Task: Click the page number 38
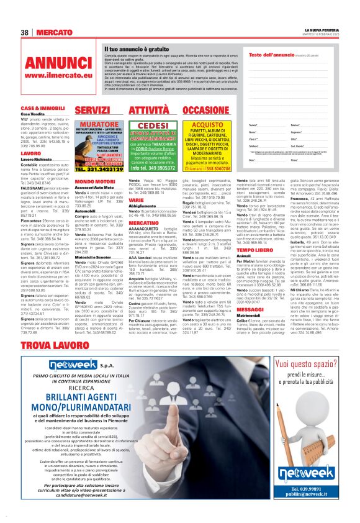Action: click(25, 32)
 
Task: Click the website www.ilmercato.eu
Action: click(58, 75)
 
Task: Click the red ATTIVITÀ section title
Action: click(148, 110)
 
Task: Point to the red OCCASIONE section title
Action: click(206, 110)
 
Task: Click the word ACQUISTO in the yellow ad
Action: click(207, 124)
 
